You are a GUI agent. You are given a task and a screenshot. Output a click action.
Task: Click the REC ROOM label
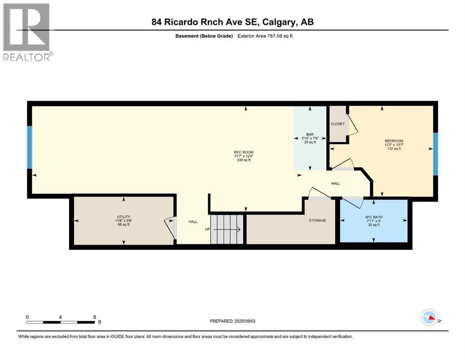point(244,152)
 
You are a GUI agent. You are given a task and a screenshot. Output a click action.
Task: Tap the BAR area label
point(309,134)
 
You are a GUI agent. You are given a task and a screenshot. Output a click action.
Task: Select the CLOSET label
point(337,124)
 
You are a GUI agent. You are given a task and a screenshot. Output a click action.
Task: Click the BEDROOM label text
point(394,141)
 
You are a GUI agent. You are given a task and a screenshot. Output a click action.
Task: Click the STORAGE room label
point(317,220)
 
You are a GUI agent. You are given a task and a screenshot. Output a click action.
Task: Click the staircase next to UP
point(228,229)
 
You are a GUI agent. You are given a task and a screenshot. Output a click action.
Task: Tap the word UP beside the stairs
point(207,229)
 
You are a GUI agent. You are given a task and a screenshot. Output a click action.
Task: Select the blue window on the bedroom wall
point(435,153)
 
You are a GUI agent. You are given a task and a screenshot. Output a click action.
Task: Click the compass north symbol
point(429,317)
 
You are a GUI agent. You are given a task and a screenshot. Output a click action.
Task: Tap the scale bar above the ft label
point(61,322)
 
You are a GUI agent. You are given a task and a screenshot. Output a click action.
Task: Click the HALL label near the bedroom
point(336,184)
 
